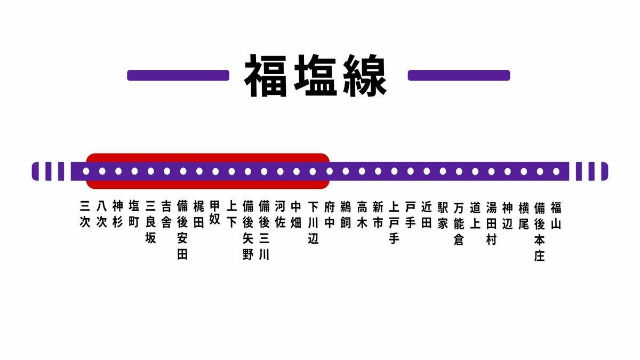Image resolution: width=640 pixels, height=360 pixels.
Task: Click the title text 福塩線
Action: click(x=315, y=75)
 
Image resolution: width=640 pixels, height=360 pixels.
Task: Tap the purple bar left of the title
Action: click(x=178, y=75)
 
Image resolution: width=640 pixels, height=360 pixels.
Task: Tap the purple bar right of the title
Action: click(x=459, y=75)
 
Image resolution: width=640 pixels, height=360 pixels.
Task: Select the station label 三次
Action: click(x=85, y=214)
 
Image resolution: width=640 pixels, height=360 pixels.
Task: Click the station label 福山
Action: click(x=556, y=215)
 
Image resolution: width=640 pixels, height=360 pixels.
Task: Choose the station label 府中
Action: click(x=330, y=215)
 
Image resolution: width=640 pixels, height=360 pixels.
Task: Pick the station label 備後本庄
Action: click(x=539, y=231)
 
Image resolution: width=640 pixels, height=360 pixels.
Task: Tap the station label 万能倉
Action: click(x=459, y=223)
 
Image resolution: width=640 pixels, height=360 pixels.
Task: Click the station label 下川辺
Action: click(x=313, y=223)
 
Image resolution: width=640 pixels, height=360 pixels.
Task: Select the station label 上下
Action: click(x=231, y=214)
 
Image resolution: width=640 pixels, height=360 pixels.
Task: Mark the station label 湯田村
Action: click(x=491, y=223)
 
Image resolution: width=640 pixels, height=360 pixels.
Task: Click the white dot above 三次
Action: click(x=86, y=171)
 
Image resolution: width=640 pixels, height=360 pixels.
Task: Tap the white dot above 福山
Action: click(x=556, y=171)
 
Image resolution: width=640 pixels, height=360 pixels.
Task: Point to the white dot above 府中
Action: click(x=330, y=171)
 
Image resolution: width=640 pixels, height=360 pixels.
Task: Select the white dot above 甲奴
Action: click(x=215, y=171)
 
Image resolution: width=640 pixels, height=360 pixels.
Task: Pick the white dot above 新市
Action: click(x=378, y=171)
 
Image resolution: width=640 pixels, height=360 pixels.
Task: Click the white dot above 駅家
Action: click(x=443, y=171)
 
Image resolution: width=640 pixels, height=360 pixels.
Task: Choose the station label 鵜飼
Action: click(x=346, y=215)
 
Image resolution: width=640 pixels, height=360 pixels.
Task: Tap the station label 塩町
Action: click(x=134, y=214)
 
